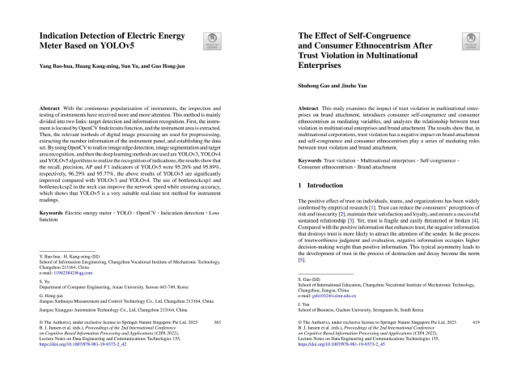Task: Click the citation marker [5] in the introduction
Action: [x=303, y=262]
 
